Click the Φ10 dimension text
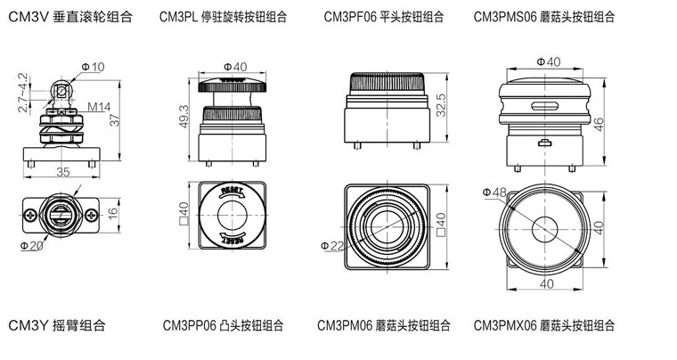tap(93, 67)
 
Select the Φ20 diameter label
tap(31, 245)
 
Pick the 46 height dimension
tap(599, 124)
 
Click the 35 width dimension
tap(63, 171)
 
